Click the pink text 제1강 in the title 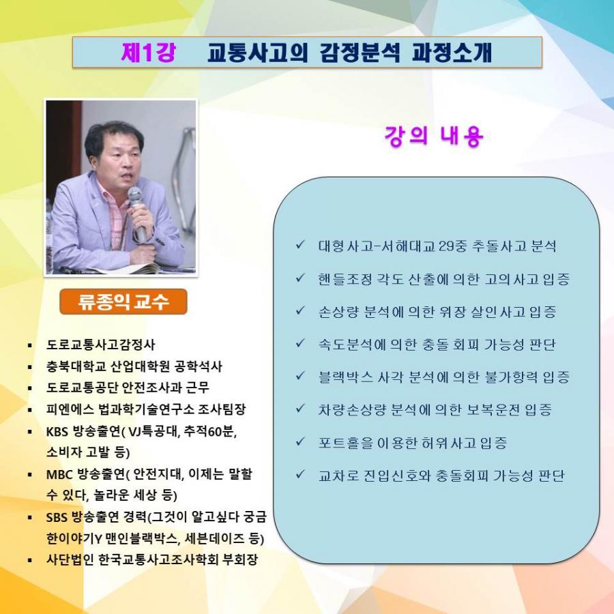tap(149, 53)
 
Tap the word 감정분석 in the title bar tap(360, 53)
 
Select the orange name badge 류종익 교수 tap(123, 302)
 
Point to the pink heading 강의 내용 tap(434, 136)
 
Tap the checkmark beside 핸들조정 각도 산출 tap(300, 278)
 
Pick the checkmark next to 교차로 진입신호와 tap(300, 475)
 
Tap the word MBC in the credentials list tap(59, 475)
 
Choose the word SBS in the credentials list tap(57, 517)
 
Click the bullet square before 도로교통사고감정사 tap(30, 345)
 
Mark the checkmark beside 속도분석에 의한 tap(300, 343)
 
